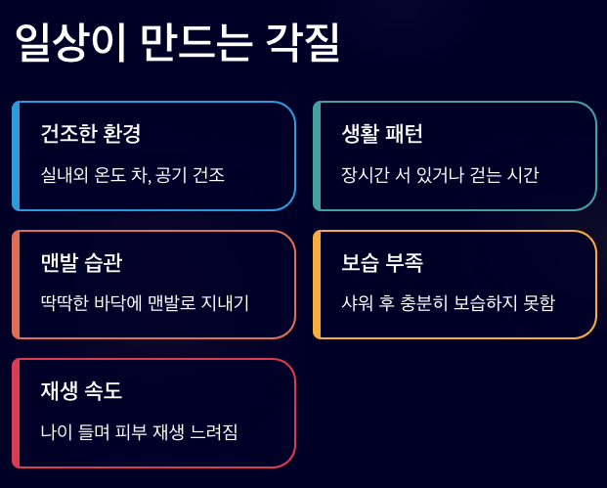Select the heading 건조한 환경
[98, 134]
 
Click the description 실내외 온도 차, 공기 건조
[133, 176]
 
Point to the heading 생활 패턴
[382, 134]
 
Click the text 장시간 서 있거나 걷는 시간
[440, 176]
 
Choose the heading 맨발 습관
[82, 262]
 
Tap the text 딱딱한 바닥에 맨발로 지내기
[145, 304]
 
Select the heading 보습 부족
[382, 262]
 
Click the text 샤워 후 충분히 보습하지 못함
[448, 304]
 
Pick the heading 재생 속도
[82, 390]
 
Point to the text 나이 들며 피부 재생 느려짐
[140, 432]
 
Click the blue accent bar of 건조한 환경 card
[16, 155]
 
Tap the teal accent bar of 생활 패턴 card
[317, 155]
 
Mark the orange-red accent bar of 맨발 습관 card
[16, 285]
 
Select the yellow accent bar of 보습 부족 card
[317, 285]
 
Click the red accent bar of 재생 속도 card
[16, 413]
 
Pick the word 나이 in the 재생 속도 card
[57, 432]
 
